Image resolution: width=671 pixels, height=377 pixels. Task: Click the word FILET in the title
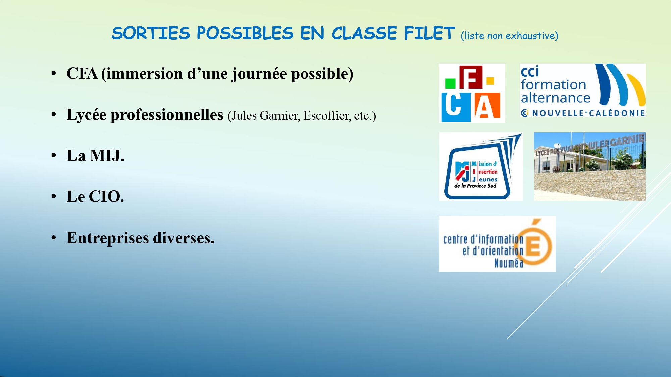(429, 33)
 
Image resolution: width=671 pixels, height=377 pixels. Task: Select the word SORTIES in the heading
(151, 33)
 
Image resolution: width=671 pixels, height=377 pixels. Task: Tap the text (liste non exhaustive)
(509, 36)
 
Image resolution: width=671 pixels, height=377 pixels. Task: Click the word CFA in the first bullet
(82, 74)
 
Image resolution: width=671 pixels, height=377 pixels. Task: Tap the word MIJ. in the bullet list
(107, 156)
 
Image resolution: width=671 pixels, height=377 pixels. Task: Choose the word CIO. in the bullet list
(106, 197)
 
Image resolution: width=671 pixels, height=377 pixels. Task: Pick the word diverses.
(184, 238)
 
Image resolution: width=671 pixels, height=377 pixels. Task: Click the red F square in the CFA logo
(471, 77)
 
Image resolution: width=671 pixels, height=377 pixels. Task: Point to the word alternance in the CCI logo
(555, 98)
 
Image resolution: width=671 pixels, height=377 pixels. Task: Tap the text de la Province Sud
(475, 186)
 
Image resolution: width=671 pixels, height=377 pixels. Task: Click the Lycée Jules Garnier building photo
(589, 167)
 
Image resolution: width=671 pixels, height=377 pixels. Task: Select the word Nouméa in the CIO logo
(509, 263)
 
